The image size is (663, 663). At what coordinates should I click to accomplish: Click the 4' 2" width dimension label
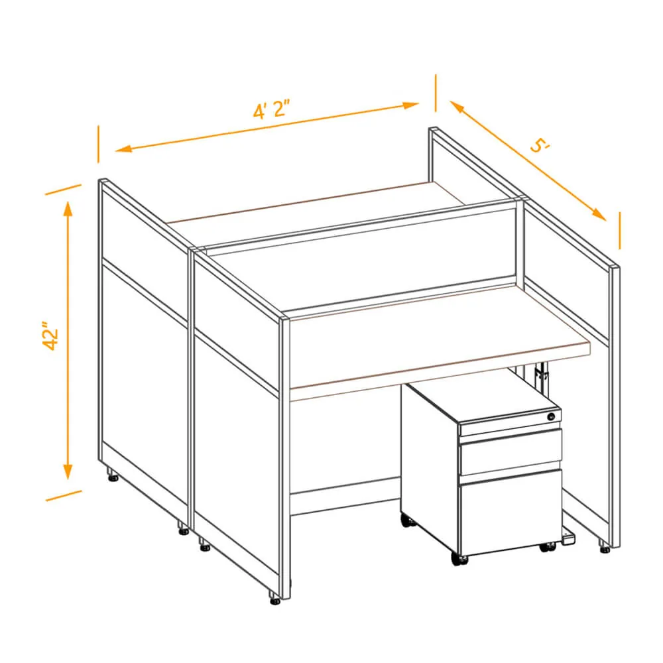click(272, 109)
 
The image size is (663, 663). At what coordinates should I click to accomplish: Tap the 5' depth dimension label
click(540, 146)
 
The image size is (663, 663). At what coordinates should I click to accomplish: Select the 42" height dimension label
click(51, 336)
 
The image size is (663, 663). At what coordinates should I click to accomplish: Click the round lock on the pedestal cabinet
click(550, 417)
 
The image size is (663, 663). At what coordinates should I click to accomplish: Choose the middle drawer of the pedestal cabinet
click(511, 452)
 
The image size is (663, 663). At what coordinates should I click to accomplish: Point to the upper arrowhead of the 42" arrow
click(68, 209)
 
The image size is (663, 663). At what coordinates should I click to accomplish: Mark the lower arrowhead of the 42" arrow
click(68, 471)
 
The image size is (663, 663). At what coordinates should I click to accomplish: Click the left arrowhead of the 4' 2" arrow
click(123, 149)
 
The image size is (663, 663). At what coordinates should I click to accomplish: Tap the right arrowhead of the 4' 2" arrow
click(410, 105)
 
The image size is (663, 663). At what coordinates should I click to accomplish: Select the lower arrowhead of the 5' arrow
click(599, 214)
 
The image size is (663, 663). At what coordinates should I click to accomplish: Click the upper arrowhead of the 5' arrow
click(457, 107)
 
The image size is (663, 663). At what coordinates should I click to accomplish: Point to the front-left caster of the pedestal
click(459, 559)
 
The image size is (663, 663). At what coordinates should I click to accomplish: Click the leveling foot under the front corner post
click(275, 597)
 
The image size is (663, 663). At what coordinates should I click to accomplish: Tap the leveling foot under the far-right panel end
click(605, 547)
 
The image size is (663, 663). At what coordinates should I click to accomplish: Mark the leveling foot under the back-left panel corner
click(113, 475)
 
